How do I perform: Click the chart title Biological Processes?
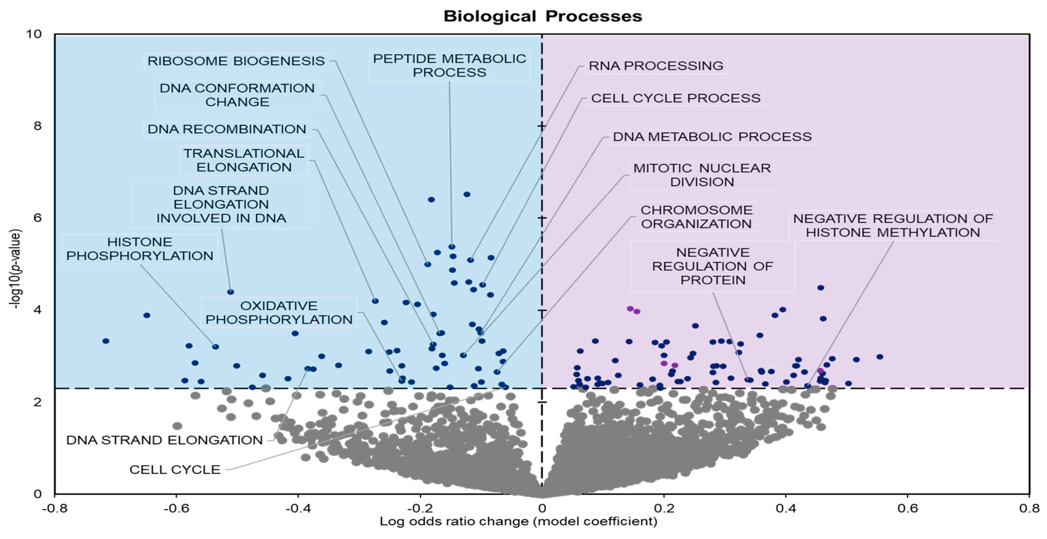(542, 16)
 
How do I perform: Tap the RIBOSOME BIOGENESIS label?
(236, 61)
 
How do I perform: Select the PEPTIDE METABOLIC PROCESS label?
(449, 65)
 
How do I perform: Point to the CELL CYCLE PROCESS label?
(676, 99)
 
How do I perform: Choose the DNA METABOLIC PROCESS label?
(712, 137)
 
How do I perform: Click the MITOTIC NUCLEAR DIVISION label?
(702, 175)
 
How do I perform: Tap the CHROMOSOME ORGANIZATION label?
(696, 217)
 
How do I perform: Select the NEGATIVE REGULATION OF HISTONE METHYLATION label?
(893, 226)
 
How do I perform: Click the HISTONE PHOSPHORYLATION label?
(140, 249)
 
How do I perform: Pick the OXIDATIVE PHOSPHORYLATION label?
(279, 313)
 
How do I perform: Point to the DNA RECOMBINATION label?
(227, 129)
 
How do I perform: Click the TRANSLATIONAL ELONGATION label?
(244, 160)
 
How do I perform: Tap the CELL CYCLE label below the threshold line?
(175, 470)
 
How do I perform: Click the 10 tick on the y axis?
(34, 34)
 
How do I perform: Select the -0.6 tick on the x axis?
(176, 508)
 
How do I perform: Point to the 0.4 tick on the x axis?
(785, 508)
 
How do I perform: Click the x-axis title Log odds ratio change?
(518, 521)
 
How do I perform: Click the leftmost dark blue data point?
(106, 341)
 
